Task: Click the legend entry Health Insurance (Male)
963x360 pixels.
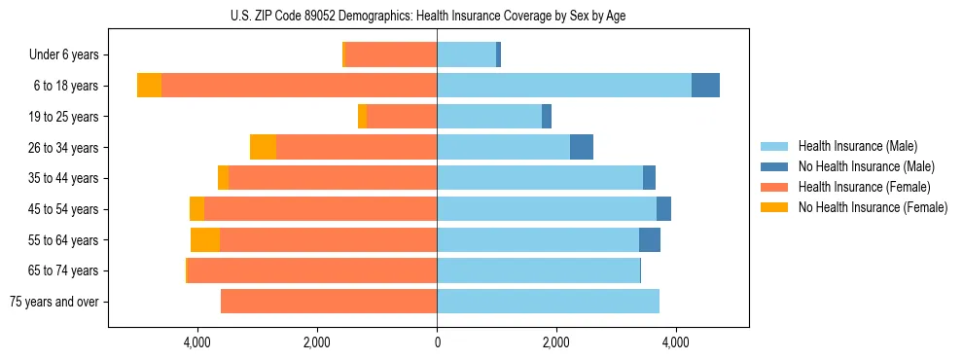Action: coord(857,146)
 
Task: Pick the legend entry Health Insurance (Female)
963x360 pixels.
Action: coord(864,187)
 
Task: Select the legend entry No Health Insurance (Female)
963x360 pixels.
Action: coord(873,207)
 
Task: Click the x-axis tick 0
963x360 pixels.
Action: coord(437,342)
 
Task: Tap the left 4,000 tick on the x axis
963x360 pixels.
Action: coord(197,342)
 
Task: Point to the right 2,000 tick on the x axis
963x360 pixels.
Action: coord(556,342)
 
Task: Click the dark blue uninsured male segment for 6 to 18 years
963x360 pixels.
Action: coord(705,86)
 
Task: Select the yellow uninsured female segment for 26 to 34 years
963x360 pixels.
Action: coord(263,147)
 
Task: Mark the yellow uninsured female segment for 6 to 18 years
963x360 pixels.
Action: coord(149,86)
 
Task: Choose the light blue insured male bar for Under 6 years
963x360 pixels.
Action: coord(466,55)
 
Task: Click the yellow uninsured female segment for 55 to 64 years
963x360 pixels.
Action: coord(205,239)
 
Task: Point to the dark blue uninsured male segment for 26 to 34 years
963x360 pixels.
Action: coord(582,147)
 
